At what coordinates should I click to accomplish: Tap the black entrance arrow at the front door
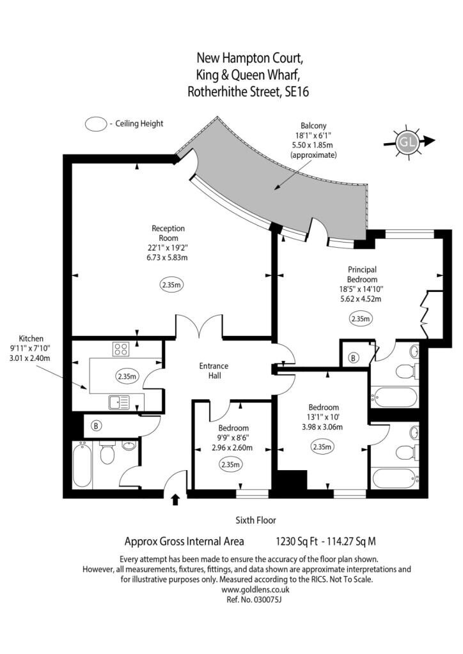(x=175, y=499)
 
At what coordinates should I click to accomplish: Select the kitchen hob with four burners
(x=121, y=349)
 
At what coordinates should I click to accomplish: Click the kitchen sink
(x=120, y=402)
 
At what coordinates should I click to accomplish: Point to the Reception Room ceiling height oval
(x=171, y=285)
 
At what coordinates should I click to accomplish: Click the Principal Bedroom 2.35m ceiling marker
(x=360, y=319)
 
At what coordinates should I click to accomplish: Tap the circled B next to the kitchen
(x=97, y=426)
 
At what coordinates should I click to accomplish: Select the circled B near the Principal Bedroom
(x=354, y=358)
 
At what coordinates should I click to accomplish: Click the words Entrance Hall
(x=214, y=371)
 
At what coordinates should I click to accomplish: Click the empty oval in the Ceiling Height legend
(x=96, y=124)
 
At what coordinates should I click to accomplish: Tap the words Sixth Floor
(x=256, y=520)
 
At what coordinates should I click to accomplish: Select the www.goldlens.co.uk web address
(x=255, y=589)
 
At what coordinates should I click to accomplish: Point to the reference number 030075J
(x=267, y=600)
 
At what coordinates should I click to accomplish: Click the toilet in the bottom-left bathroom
(x=107, y=453)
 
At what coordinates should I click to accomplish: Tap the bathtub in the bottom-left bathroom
(x=82, y=466)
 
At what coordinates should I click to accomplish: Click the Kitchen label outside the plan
(x=31, y=338)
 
